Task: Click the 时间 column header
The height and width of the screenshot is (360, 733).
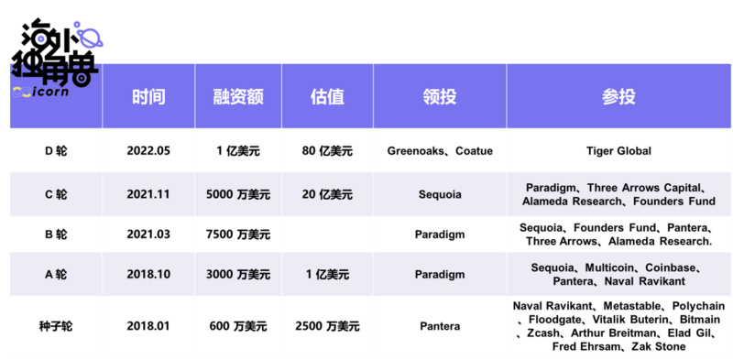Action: pyautogui.click(x=148, y=98)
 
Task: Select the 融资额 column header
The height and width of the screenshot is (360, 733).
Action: pyautogui.click(x=238, y=98)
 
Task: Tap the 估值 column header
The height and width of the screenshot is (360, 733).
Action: pyautogui.click(x=327, y=98)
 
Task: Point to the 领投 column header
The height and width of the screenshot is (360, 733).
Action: pyautogui.click(x=440, y=98)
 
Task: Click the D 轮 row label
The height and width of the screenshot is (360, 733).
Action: pyautogui.click(x=55, y=150)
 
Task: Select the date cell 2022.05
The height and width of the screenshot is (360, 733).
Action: pyautogui.click(x=148, y=150)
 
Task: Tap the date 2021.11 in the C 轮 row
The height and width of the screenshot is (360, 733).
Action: pyautogui.click(x=148, y=194)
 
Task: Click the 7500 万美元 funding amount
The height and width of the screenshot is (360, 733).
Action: pyautogui.click(x=238, y=235)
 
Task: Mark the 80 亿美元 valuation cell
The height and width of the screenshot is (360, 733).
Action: pyautogui.click(x=327, y=150)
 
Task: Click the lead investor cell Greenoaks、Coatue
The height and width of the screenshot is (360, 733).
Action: pyautogui.click(x=440, y=150)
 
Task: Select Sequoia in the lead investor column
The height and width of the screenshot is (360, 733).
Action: pyautogui.click(x=440, y=194)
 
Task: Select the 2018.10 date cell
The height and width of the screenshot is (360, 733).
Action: pyautogui.click(x=148, y=275)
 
